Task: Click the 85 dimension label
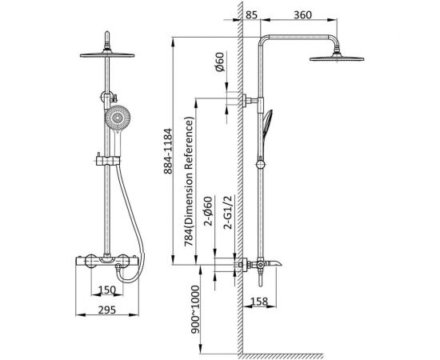(x=251, y=14)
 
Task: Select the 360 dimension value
(x=302, y=14)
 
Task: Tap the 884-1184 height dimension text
(x=167, y=151)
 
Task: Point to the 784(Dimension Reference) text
(x=189, y=182)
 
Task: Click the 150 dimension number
(x=107, y=290)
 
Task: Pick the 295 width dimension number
(x=107, y=310)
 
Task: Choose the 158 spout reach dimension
(x=258, y=302)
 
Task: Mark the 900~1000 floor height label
(x=194, y=310)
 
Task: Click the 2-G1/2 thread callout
(x=228, y=213)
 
